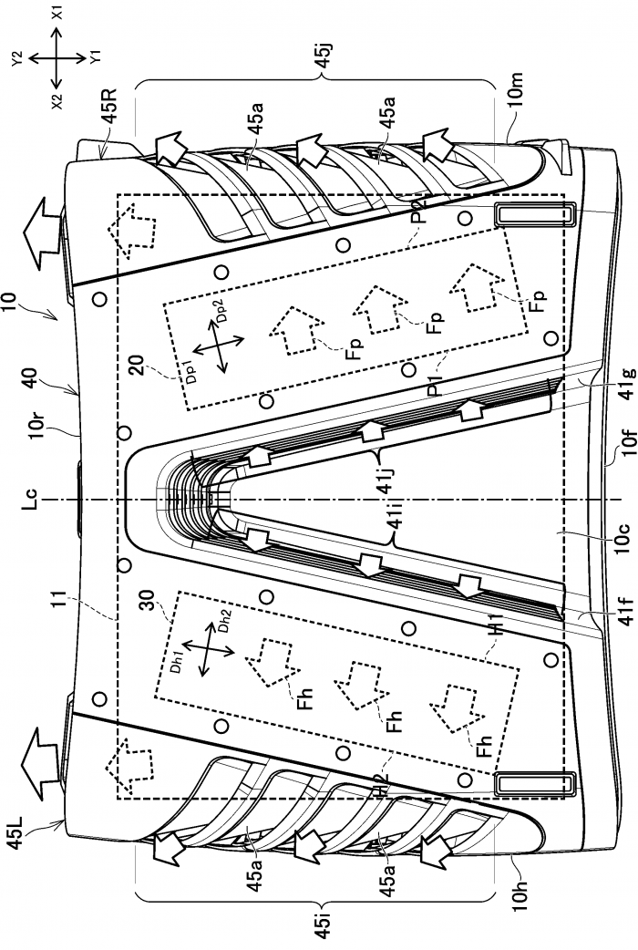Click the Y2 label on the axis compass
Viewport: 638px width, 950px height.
(15, 57)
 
